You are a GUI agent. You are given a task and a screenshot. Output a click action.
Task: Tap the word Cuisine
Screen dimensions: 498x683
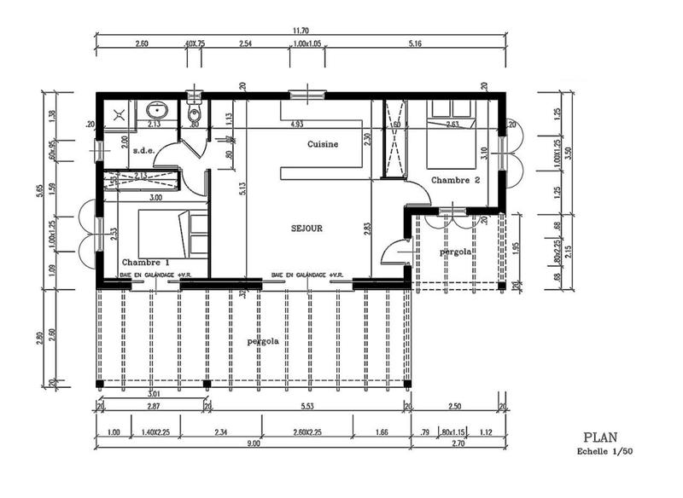click(x=323, y=144)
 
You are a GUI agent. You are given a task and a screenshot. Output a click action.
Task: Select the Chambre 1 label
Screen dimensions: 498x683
click(x=145, y=262)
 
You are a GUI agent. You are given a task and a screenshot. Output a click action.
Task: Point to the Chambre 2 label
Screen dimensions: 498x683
click(x=455, y=180)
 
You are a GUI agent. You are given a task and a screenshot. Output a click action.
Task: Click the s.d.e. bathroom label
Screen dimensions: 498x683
click(x=142, y=150)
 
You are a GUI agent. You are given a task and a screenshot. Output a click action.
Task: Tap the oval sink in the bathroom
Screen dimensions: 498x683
click(x=157, y=110)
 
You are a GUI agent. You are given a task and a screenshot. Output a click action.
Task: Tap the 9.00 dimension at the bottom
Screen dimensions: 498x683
click(x=254, y=443)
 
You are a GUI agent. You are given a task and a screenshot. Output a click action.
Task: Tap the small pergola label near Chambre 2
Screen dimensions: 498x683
click(x=456, y=252)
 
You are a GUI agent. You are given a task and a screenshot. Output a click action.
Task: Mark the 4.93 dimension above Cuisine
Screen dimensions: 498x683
click(x=296, y=124)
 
